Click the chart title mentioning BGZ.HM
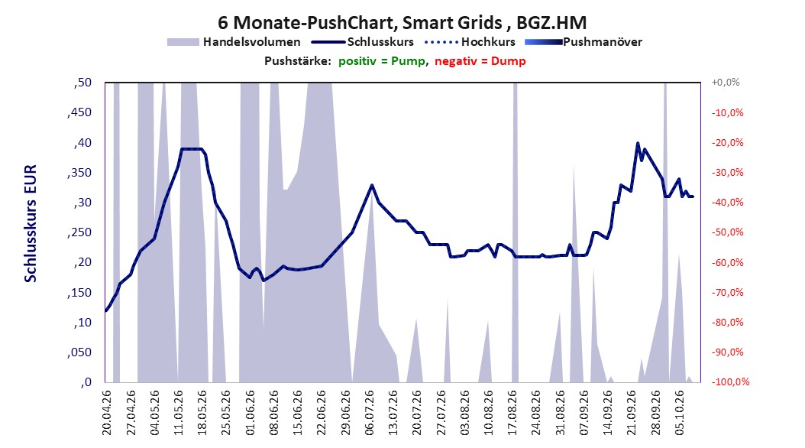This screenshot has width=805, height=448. pos(402,23)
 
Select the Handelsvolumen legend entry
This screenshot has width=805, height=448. pos(234,42)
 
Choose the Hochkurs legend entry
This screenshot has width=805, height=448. pos(470,42)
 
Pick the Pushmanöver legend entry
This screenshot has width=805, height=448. pos(584,42)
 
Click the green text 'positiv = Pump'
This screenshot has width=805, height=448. pos(382,61)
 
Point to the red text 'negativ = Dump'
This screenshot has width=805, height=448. pos(480,61)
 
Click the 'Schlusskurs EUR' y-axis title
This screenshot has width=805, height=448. pos(31,223)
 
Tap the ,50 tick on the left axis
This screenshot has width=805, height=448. pos(82,83)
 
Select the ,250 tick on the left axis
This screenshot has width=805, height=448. pos(79,232)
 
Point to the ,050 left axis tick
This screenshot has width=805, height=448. pos(79,352)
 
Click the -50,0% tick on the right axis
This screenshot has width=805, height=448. pos(727,232)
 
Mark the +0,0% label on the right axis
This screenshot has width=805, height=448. pos(726,83)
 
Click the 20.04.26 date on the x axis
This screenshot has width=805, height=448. pos(107,413)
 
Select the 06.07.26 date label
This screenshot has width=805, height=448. pos(370,413)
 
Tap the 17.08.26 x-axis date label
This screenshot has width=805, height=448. pos(513,413)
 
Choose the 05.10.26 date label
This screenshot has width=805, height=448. pos(681,413)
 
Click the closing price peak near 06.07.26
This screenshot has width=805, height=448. pos(372,185)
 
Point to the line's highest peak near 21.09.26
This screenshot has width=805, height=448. pos(638,143)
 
